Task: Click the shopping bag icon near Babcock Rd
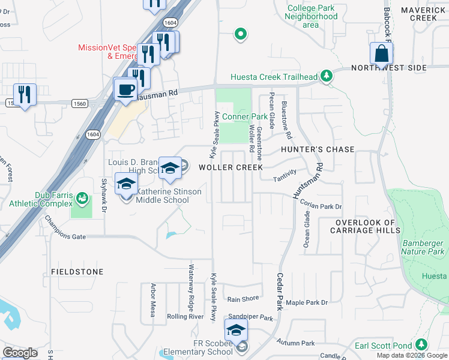[x=381, y=54]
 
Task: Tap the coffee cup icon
[x=125, y=89]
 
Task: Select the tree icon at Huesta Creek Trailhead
[x=327, y=76]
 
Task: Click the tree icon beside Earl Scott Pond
[x=422, y=344]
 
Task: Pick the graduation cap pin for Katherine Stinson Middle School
[x=126, y=185]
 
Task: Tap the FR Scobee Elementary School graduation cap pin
[x=236, y=331]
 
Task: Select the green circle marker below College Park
[x=241, y=34]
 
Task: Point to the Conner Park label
[x=245, y=116]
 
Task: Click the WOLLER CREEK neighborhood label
[x=231, y=167]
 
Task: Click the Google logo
[x=20, y=352]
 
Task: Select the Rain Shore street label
[x=243, y=299]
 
